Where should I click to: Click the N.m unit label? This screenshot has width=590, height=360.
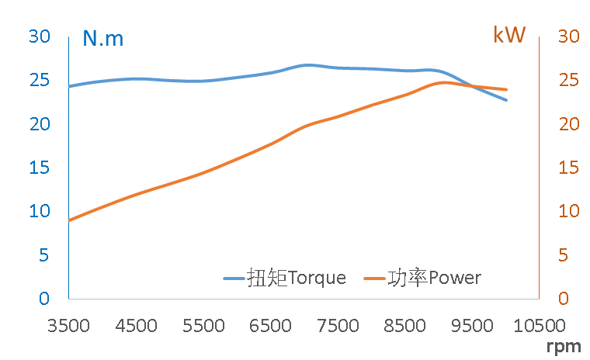coord(102,38)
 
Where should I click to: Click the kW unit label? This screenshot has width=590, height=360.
coord(509,35)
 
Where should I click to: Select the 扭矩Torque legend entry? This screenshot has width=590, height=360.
coord(285,278)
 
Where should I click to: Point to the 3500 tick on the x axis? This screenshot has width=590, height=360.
coord(69,325)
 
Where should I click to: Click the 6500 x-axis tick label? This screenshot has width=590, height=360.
coord(270,325)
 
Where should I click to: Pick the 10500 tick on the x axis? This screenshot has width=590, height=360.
coord(540,325)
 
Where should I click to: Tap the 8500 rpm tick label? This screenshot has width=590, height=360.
coord(404,325)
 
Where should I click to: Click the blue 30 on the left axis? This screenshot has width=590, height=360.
coord(39,36)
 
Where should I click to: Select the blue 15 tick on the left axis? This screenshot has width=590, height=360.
coord(39,167)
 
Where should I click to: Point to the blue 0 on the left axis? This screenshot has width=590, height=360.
coord(44,298)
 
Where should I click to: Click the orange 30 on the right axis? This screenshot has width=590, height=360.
coord(570,36)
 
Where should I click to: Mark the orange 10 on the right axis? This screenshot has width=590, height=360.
coord(570,211)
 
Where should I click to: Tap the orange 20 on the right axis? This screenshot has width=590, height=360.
coord(570,123)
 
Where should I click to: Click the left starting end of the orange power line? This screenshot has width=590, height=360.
coord(70,220)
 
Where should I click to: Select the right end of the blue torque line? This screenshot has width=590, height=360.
coord(506,100)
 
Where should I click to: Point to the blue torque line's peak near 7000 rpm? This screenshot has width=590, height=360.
coord(307,65)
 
